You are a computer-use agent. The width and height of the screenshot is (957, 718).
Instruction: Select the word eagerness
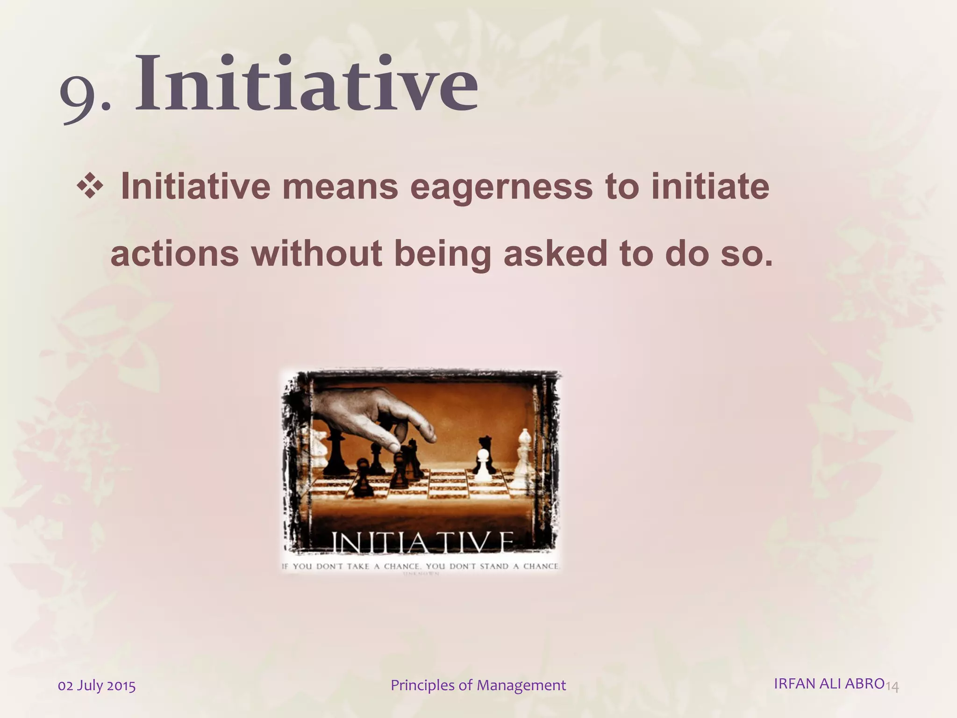coord(501,187)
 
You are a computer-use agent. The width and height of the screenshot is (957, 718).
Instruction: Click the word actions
coord(174,254)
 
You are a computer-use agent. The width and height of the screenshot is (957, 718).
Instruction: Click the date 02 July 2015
coord(97,686)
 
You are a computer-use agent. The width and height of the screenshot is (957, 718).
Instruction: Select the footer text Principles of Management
coord(478,685)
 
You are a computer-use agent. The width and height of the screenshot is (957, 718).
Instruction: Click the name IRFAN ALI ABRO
coord(829,683)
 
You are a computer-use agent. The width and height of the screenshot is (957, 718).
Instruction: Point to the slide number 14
coord(892,687)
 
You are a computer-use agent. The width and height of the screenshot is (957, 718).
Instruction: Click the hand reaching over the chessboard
coord(374,411)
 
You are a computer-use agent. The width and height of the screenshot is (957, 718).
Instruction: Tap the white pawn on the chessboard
coord(483,466)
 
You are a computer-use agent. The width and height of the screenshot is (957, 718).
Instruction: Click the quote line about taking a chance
coord(421,566)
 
